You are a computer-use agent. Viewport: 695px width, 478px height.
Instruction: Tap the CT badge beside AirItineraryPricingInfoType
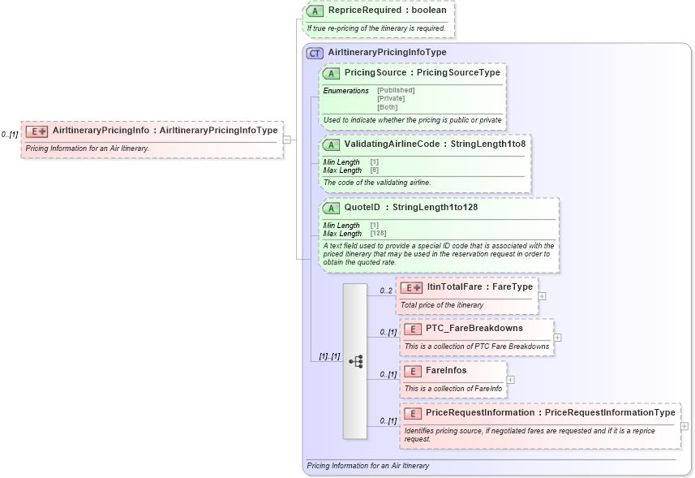[x=315, y=52]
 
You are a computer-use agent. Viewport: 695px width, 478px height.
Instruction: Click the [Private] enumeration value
[x=391, y=98]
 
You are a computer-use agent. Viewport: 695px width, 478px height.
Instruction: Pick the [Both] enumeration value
[x=388, y=106]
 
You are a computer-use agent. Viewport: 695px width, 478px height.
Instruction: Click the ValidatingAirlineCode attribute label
[x=435, y=144]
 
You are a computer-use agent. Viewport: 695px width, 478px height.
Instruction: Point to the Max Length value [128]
[x=378, y=233]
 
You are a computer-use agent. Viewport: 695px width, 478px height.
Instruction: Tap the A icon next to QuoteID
[x=331, y=207]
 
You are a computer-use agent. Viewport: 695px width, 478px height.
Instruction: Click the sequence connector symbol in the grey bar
[x=355, y=361]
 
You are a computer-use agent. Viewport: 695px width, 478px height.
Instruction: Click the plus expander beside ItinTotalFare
[x=542, y=295]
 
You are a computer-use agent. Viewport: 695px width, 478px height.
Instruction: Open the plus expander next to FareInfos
[x=510, y=379]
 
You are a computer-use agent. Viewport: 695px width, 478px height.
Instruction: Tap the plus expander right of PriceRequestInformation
[x=684, y=425]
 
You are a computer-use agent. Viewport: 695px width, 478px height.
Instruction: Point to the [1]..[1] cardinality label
[x=328, y=355]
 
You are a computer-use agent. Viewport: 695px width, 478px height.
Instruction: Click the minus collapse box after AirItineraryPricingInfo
[x=287, y=139]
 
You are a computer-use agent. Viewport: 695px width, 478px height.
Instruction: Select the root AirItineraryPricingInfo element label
[x=165, y=130]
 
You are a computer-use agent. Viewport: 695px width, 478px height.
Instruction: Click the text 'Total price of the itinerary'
[x=442, y=305]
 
